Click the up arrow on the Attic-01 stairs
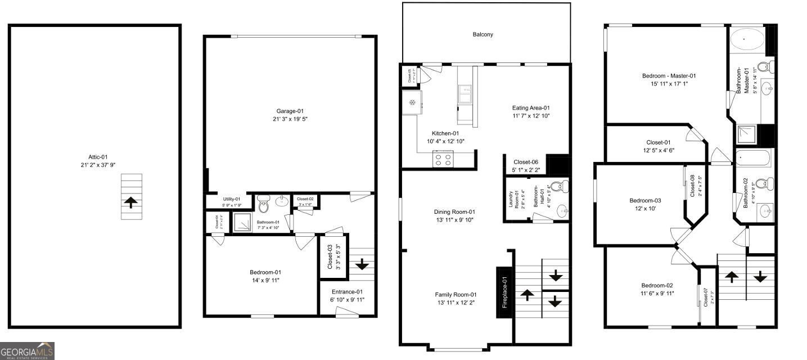[x=131, y=202]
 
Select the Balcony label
[x=483, y=34]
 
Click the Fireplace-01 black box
[x=504, y=293]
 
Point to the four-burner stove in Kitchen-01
[x=443, y=160]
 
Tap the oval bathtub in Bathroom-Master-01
[x=746, y=40]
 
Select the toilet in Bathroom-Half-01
[x=558, y=187]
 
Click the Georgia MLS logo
[x=27, y=351]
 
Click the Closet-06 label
[x=526, y=162]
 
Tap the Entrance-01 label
[x=346, y=291]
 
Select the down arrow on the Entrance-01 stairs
[x=362, y=264]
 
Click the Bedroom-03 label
[x=644, y=200]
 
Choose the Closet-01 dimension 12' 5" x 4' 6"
[x=650, y=150]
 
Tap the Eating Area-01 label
[x=530, y=108]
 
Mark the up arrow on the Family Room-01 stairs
[x=527, y=294]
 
